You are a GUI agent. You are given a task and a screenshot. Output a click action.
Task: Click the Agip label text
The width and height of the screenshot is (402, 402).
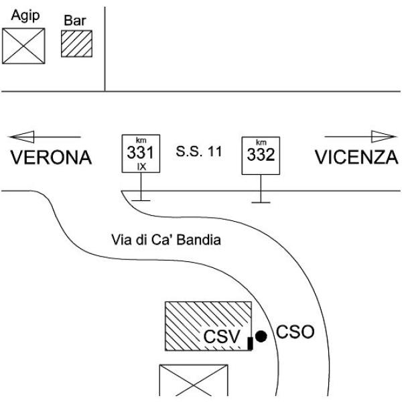click(23, 15)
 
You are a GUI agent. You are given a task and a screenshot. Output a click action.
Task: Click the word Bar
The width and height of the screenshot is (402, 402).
click(76, 19)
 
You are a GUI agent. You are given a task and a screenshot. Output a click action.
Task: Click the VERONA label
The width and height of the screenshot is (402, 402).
click(50, 158)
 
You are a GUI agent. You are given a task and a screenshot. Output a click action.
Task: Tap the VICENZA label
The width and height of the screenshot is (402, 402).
click(356, 158)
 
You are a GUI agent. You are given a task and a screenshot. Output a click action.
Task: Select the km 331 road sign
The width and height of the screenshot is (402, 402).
click(141, 153)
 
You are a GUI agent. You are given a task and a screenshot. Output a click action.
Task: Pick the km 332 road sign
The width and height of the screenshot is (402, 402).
click(261, 155)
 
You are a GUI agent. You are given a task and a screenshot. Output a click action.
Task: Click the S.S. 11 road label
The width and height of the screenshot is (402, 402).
click(199, 151)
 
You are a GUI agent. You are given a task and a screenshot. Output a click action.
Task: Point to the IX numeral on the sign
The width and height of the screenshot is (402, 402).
click(141, 165)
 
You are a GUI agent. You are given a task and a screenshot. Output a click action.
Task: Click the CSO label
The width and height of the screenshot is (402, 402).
click(295, 333)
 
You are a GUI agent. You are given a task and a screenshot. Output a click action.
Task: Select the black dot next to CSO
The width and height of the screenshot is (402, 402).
click(261, 335)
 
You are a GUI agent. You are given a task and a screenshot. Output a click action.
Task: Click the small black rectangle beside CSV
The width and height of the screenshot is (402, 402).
click(250, 343)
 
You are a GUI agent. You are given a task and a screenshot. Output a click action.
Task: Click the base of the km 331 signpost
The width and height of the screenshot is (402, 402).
click(141, 199)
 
